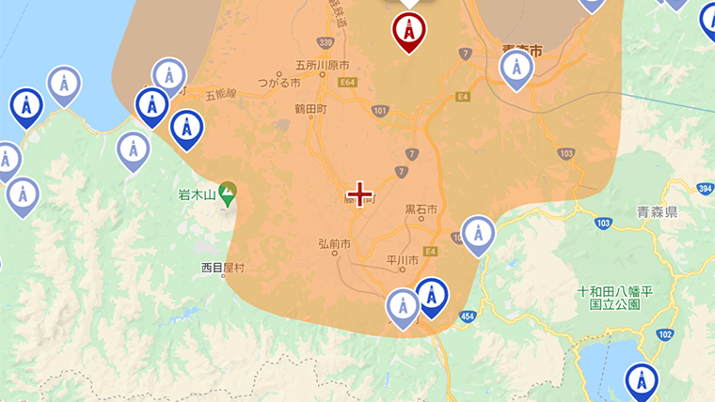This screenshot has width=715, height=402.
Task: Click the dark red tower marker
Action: coord(409,31)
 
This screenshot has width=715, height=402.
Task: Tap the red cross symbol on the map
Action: coord(360,193)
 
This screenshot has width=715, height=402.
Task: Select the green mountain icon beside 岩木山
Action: coord(227,194)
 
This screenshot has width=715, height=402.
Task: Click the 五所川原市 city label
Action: coord(322,66)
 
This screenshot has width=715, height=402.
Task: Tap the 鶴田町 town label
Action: coord(310,109)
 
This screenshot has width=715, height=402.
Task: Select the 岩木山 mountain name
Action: coord(197,195)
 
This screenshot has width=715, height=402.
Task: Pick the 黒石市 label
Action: coord(421,209)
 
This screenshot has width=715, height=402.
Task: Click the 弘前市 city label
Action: coord(334,244)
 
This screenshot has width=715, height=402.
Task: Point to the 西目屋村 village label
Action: coord(222,268)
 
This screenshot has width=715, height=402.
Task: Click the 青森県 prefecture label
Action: coord(658,211)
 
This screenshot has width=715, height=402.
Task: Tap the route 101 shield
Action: coord(379,111)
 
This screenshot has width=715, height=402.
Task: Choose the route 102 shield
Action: coord(666,334)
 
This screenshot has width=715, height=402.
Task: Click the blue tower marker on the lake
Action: coord(642,382)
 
